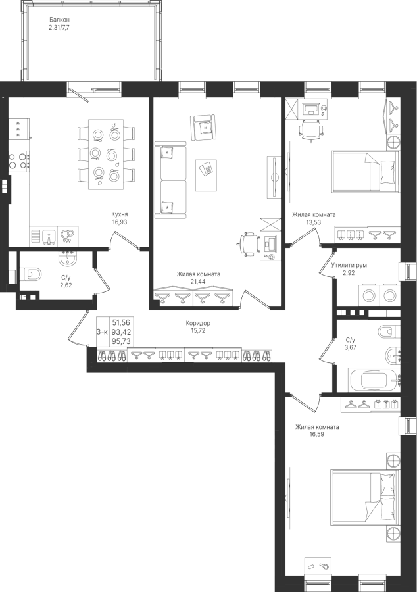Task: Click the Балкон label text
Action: [x=60, y=20]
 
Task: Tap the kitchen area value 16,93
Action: [x=120, y=222]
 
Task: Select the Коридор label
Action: [x=198, y=323]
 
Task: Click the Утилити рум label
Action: [x=349, y=265]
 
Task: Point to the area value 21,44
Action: [x=199, y=281]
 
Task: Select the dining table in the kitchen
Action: [x=106, y=155]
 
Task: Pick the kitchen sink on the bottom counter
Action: [x=49, y=236]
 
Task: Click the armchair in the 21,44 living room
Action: [x=204, y=128]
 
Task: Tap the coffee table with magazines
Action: [x=206, y=175]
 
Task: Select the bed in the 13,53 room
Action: [x=365, y=172]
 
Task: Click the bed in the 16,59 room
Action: [x=365, y=497]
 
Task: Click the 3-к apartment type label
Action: [x=102, y=332]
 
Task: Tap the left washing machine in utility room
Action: [x=368, y=295]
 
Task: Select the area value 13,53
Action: [x=314, y=222]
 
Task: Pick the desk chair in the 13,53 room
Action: [x=312, y=130]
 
